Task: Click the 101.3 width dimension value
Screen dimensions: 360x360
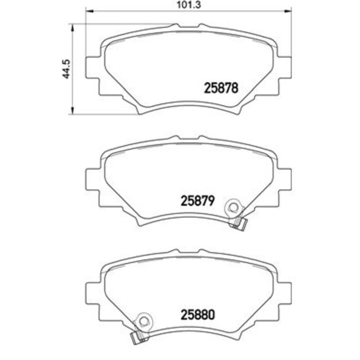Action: (188, 5)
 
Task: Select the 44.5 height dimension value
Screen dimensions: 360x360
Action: (66, 69)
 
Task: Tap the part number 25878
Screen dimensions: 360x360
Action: (221, 88)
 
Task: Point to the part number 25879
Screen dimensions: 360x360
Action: (198, 201)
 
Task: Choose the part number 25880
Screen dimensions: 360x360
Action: (198, 315)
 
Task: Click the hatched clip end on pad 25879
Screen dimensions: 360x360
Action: (239, 224)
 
